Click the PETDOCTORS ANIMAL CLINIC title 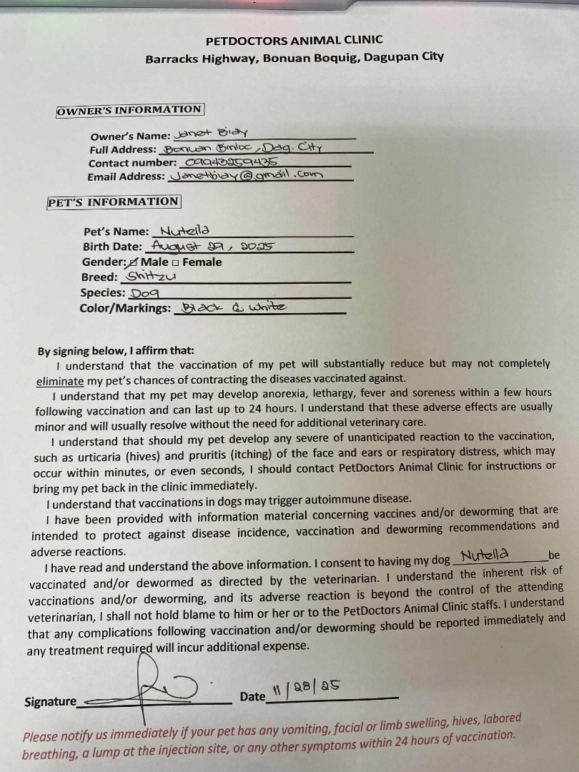click(x=294, y=40)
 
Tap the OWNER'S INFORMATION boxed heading click(x=129, y=110)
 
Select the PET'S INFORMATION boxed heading click(x=113, y=202)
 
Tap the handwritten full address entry click(x=243, y=148)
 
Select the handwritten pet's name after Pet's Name click(x=184, y=230)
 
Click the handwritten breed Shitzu click(x=151, y=276)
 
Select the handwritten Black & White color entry click(x=233, y=307)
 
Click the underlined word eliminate click(x=59, y=382)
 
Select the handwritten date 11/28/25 click(x=305, y=688)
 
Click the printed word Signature click(x=50, y=701)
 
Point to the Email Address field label click(x=127, y=176)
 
